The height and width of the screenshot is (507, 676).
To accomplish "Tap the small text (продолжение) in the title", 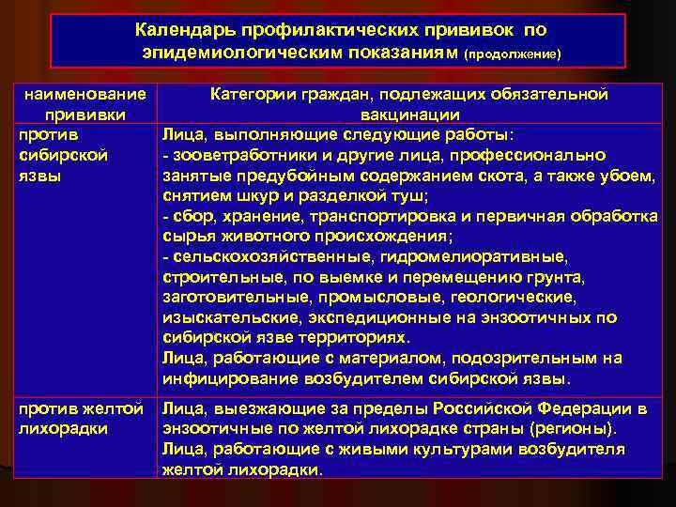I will pos(514,54).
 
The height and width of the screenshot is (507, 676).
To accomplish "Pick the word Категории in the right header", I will pos(253,94).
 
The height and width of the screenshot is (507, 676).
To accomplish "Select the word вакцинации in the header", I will pos(409,115).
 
